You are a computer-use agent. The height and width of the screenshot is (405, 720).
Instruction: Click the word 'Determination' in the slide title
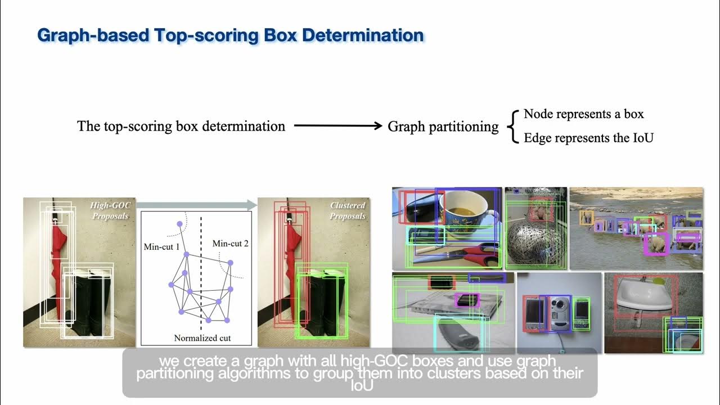tap(362, 35)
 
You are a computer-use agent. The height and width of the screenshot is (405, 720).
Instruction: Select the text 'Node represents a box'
tap(583, 114)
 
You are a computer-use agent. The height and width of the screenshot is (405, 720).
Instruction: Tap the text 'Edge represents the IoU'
tap(588, 138)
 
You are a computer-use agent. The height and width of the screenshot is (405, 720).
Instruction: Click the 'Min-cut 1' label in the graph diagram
tap(161, 247)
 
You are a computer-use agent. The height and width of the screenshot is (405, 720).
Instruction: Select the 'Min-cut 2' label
tap(230, 244)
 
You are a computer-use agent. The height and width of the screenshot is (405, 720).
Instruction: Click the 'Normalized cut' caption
tap(202, 338)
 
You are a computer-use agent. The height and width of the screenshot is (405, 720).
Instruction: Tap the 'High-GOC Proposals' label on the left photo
tap(110, 211)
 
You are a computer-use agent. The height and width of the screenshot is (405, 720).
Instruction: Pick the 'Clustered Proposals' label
tap(347, 211)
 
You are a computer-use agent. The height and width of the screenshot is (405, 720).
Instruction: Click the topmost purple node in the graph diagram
tap(179, 224)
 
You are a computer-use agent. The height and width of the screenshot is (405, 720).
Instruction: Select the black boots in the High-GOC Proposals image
tap(90, 304)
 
